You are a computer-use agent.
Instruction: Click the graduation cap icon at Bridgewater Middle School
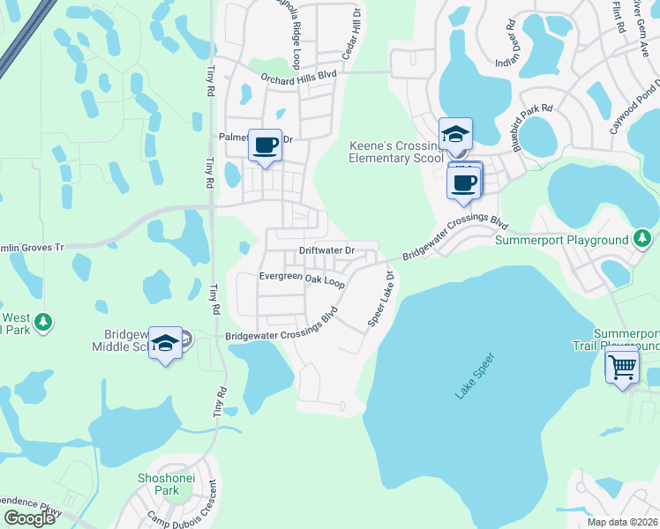click(x=165, y=342)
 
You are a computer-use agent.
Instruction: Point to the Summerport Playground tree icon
click(x=644, y=239)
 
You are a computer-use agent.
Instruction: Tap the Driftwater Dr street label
click(x=326, y=250)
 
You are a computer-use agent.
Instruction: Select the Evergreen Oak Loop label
click(x=301, y=279)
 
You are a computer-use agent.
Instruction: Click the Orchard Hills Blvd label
click(x=300, y=78)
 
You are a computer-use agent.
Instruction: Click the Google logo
click(x=29, y=518)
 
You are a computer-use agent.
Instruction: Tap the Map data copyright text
click(x=621, y=521)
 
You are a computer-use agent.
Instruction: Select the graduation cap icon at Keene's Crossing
click(x=455, y=133)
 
